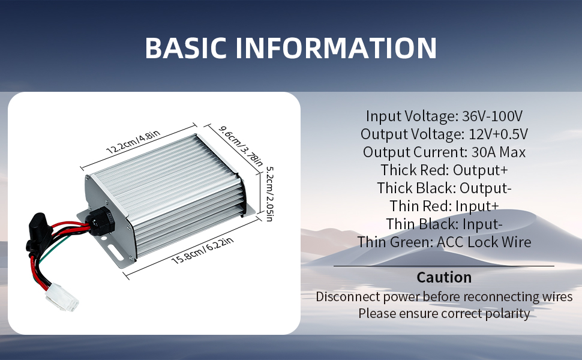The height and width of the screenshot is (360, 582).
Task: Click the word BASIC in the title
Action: pos(185,48)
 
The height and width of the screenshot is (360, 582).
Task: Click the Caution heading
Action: pos(444,277)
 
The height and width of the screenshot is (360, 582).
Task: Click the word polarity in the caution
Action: pos(505,313)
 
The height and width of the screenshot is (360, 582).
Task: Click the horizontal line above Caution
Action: pos(444,266)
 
